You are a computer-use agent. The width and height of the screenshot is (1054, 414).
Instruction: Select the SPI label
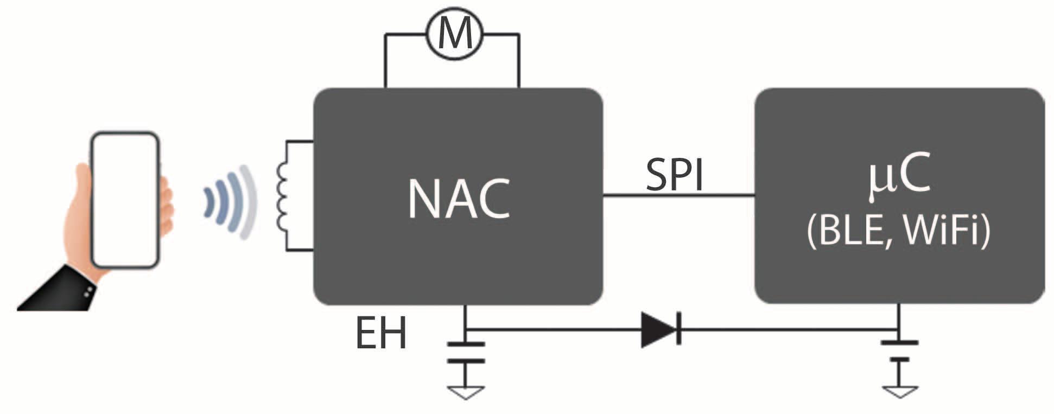coord(675,175)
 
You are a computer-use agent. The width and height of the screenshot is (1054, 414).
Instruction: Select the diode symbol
coord(661,329)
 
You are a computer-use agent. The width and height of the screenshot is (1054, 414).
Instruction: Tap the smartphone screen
coord(125,199)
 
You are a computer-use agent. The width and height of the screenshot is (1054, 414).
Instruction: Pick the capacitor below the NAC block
coord(466,352)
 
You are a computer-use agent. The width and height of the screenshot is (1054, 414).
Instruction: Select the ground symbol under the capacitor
coord(466,392)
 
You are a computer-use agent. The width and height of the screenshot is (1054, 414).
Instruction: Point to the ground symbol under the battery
coord(900,391)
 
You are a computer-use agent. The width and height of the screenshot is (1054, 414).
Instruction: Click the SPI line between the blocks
coord(678,195)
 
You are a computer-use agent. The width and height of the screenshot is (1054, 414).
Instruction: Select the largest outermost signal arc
coord(249,202)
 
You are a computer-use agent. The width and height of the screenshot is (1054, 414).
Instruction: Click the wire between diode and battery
coord(787,329)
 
